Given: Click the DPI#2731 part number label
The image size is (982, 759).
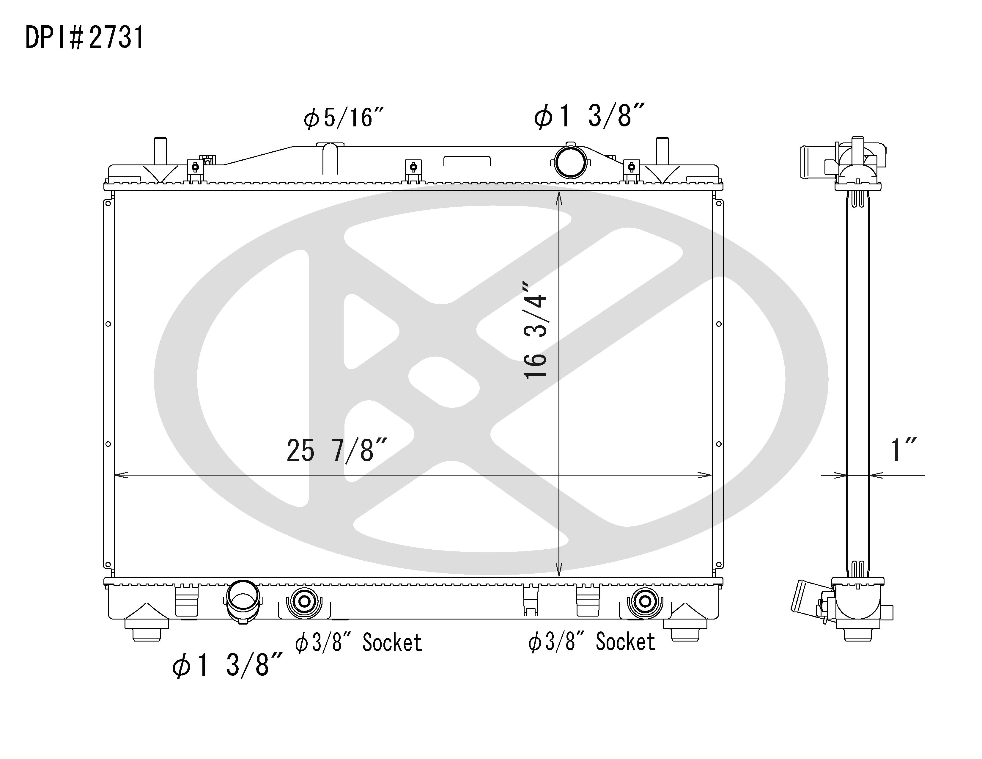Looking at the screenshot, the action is click(84, 37).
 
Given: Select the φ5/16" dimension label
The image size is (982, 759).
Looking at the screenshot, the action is click(344, 118).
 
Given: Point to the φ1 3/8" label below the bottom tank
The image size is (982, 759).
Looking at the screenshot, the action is click(227, 665).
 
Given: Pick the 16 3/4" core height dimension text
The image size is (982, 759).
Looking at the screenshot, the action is click(535, 331).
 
